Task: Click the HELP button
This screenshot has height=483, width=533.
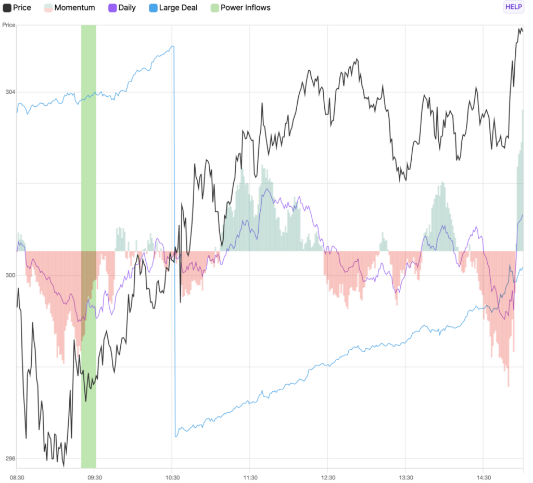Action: click(513, 7)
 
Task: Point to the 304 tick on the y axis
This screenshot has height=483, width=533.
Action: click(10, 92)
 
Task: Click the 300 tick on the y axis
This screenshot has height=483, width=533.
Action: click(10, 275)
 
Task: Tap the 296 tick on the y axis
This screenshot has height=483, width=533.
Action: click(10, 459)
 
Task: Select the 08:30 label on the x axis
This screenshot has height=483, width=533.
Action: click(17, 477)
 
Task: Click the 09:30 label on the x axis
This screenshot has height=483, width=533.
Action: click(94, 477)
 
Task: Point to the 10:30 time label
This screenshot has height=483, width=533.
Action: click(172, 477)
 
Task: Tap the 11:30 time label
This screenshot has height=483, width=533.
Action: click(250, 477)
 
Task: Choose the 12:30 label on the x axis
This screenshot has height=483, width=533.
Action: click(328, 477)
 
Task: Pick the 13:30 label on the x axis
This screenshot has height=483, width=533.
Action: click(405, 477)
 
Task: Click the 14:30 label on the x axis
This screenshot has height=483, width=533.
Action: click(484, 477)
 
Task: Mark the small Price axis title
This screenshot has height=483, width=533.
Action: click(8, 25)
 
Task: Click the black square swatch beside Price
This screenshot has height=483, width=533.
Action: click(7, 8)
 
